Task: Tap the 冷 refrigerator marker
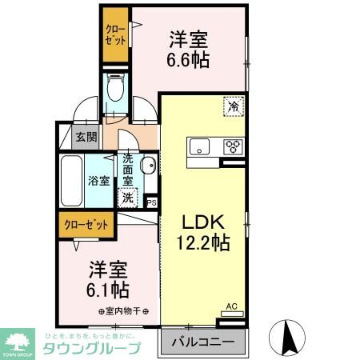click(234, 106)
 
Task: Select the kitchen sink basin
click(200, 146)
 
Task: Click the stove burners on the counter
click(233, 146)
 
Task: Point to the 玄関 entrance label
click(86, 137)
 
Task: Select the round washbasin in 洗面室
click(147, 166)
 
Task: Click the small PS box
click(151, 202)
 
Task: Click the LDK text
click(202, 222)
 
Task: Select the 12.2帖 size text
click(203, 242)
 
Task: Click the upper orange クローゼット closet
click(114, 35)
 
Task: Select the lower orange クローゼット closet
click(86, 225)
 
